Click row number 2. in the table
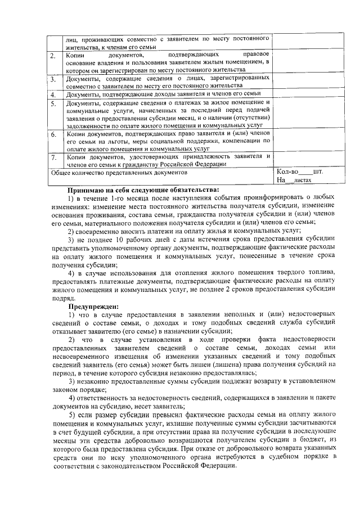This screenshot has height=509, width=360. point(52,56)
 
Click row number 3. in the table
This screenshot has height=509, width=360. point(52,79)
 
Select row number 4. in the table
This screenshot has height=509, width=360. point(52,95)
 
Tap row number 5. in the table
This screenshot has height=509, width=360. point(52,104)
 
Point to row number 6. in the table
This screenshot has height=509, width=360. point(52,136)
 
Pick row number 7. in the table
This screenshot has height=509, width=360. point(52,157)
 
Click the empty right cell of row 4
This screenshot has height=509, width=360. point(308,95)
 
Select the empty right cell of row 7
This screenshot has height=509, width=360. point(308,160)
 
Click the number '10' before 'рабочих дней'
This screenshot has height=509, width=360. point(123,238)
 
